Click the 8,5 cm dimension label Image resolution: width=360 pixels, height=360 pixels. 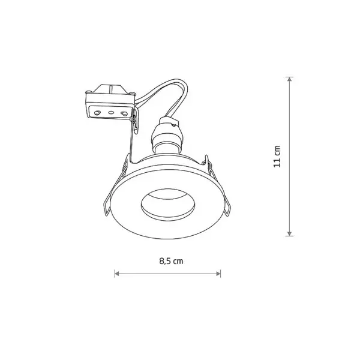[171, 261]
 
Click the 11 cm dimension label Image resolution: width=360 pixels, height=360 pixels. [277, 157]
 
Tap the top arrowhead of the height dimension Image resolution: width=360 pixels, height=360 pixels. [290, 79]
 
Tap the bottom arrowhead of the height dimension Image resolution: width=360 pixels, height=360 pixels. [290, 233]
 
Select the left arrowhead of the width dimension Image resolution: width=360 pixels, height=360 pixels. [117, 274]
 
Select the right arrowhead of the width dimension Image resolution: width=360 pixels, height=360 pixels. [218, 274]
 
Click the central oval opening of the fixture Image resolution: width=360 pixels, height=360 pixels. [168, 205]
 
